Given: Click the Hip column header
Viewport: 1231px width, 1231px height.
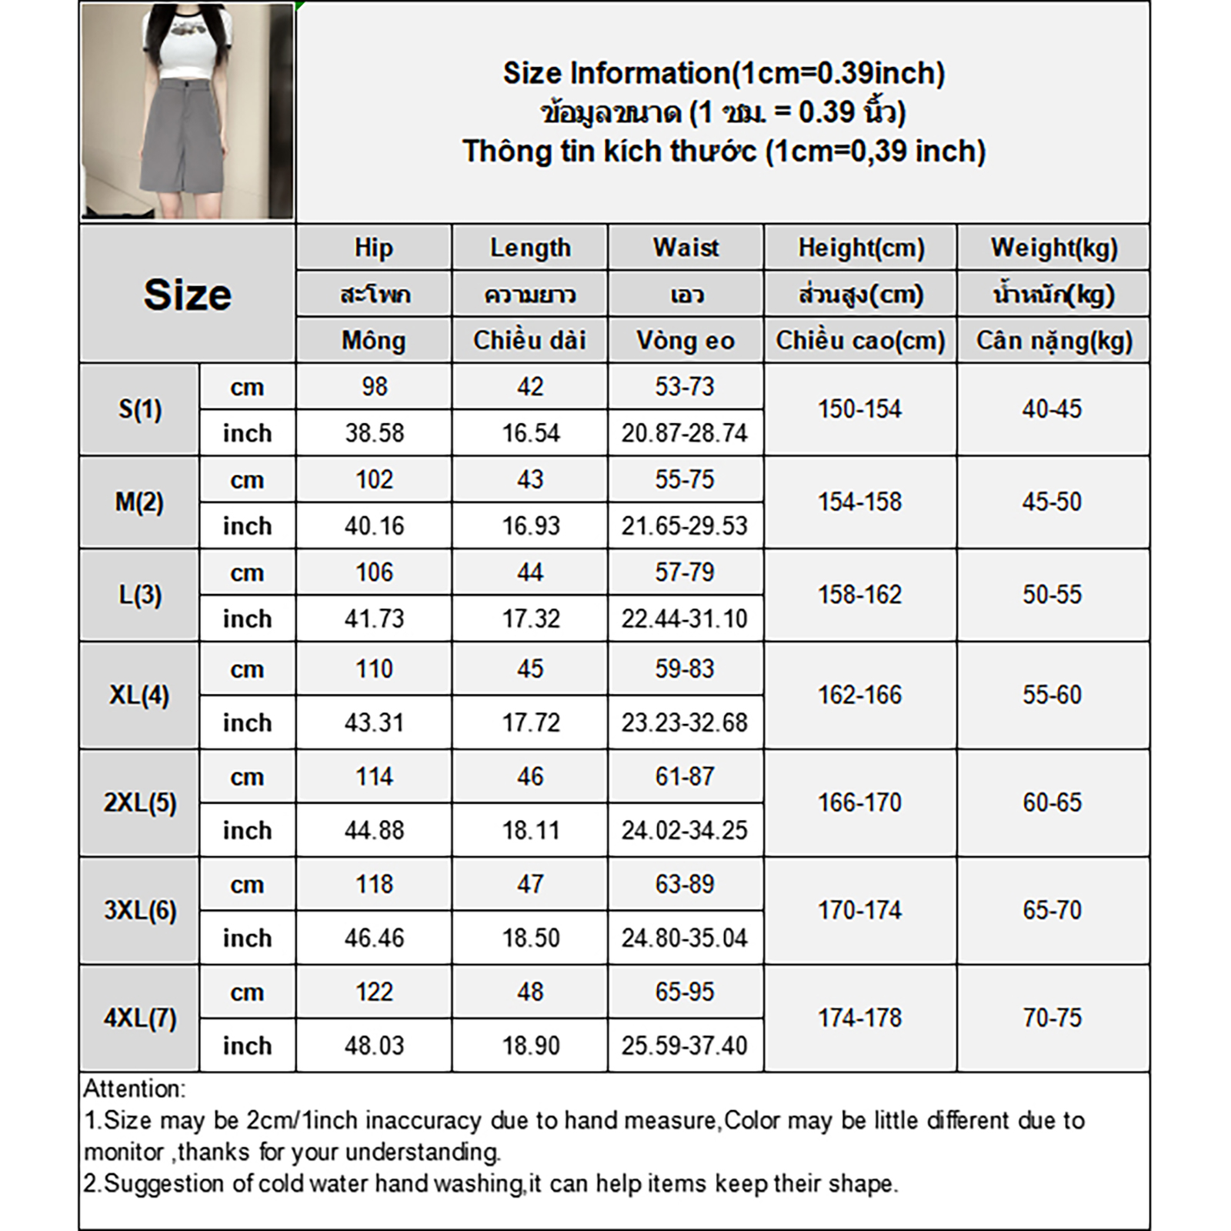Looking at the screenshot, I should pos(374,248).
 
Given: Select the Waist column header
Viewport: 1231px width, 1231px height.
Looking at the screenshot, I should pos(686,248).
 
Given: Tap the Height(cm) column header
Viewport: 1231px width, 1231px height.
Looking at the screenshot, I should pos(861,248).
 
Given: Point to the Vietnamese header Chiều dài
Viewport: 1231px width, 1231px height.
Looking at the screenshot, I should pos(530,340).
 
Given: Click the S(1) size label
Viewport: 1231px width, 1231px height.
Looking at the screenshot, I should pos(140,409).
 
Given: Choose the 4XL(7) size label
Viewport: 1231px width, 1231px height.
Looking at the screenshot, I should pos(140,1018).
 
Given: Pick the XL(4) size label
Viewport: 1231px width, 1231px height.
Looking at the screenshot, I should pos(139,695).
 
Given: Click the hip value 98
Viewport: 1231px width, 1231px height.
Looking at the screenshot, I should pos(375,386).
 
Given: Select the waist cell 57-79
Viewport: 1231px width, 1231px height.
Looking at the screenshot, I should pos(685,572).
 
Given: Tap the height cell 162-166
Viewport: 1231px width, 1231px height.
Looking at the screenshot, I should pos(860,695).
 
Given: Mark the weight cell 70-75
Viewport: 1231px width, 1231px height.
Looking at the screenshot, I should pos(1052,1018).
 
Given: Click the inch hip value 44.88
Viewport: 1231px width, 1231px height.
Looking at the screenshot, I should pos(375,830).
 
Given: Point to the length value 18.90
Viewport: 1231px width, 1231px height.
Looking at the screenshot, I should pos(531,1046).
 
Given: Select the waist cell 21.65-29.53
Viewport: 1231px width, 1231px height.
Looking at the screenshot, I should pos(685,525).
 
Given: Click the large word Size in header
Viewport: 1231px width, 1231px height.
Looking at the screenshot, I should pos(187,295).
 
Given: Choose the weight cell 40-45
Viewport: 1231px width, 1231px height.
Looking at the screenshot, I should pos(1052,409).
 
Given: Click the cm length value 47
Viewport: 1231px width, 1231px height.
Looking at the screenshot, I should pos(530,884).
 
